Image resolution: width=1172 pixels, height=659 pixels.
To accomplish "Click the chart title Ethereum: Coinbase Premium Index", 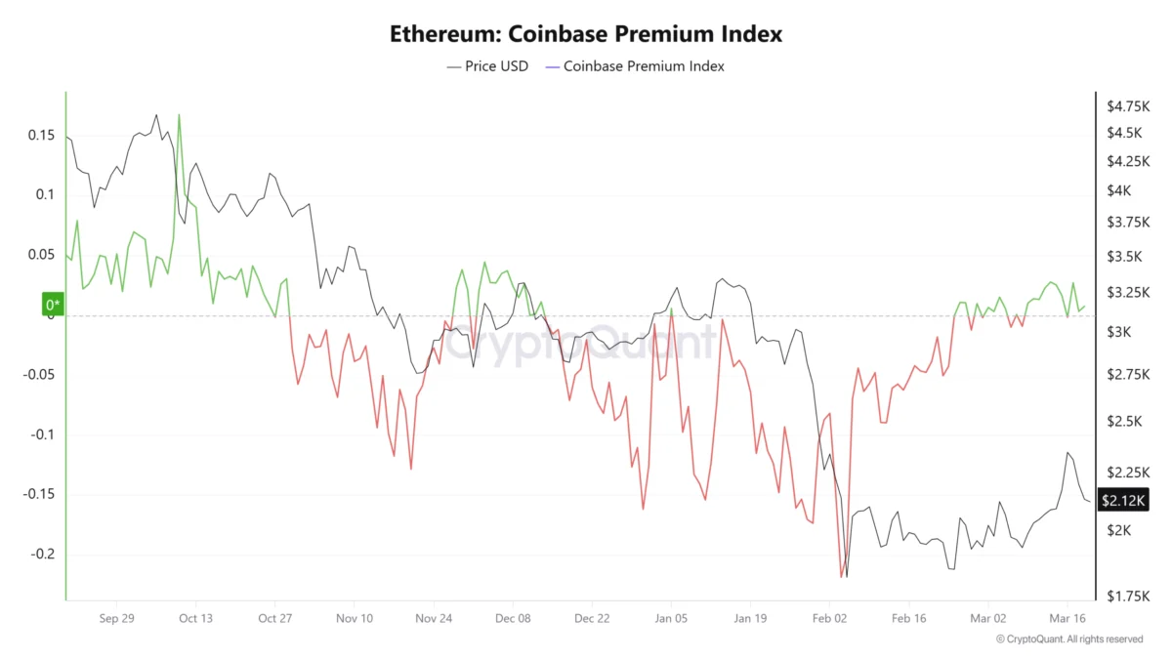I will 586,33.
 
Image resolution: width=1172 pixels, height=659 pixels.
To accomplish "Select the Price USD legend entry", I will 487,66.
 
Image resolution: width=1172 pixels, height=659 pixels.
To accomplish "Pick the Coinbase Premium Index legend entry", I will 635,66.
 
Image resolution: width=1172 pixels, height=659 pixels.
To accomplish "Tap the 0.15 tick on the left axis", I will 40,135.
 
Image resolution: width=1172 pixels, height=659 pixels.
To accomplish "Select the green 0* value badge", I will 53,306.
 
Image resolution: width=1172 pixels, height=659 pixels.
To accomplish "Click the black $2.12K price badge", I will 1124,501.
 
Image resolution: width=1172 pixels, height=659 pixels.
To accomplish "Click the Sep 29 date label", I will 116,618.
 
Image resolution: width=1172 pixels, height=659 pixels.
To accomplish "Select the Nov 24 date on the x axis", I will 433,618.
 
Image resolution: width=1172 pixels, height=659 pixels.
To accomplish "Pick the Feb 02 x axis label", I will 830,618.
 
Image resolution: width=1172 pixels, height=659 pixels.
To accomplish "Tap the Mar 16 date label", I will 1067,618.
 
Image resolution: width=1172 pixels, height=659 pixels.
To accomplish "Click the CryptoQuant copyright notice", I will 1069,639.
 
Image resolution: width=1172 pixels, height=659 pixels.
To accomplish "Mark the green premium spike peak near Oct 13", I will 179,115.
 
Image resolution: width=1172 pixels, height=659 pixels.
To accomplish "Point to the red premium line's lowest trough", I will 841,576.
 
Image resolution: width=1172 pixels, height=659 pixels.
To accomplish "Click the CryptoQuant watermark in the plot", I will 586,342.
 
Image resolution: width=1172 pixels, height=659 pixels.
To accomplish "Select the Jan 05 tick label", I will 671,618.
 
